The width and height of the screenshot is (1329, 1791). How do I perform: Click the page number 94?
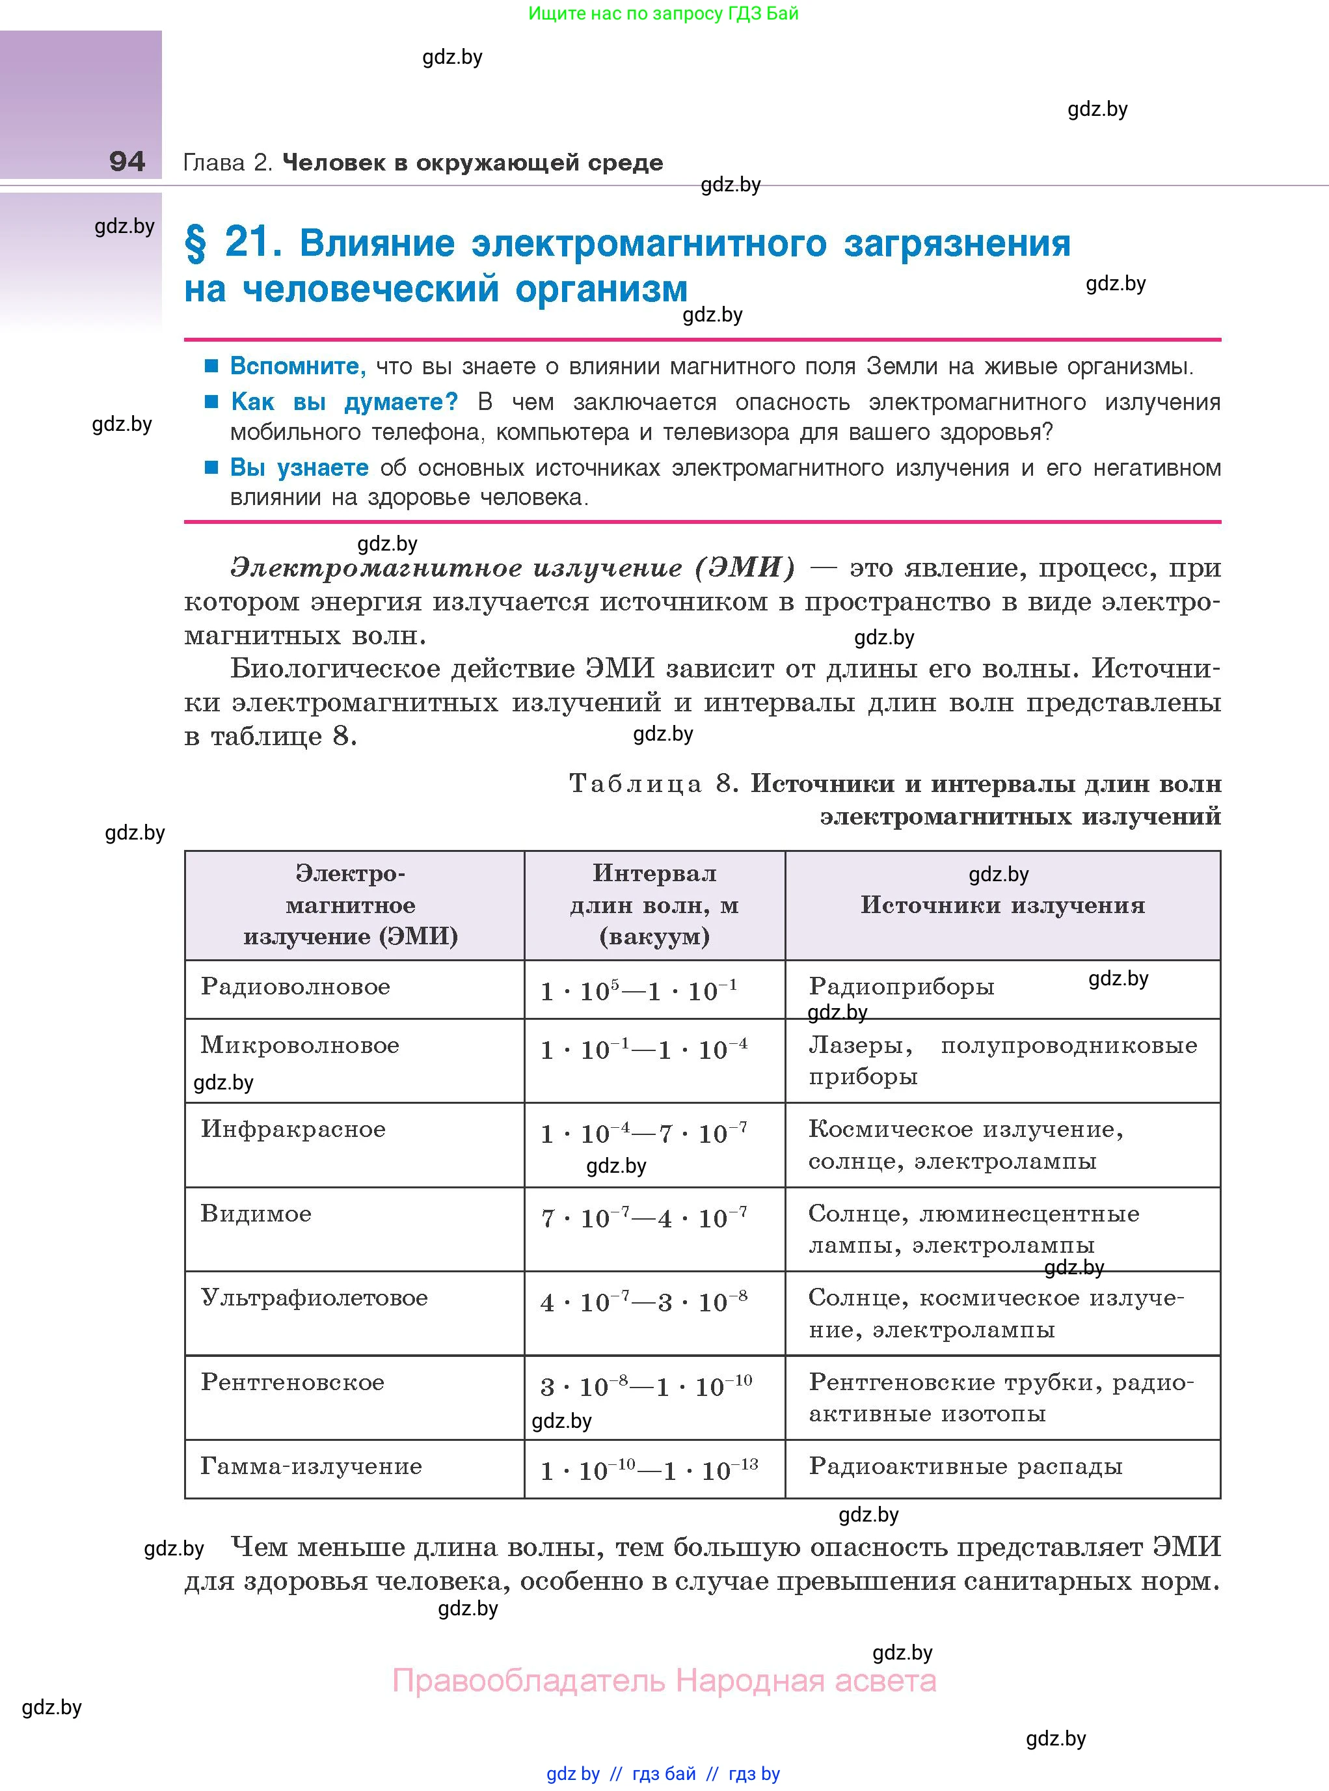click(x=127, y=162)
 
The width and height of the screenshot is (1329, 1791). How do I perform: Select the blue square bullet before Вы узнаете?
click(x=211, y=467)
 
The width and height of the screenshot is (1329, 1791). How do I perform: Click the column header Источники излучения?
click(x=1002, y=905)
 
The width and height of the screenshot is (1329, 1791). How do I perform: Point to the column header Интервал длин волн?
click(x=654, y=904)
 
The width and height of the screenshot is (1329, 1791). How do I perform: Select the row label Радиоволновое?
click(x=295, y=987)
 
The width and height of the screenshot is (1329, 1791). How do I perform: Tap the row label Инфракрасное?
click(x=293, y=1129)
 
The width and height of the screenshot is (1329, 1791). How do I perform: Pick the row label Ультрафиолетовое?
click(x=314, y=1298)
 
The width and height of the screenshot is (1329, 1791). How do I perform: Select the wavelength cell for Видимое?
click(x=643, y=1218)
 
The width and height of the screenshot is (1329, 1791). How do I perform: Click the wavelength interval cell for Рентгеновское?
click(x=646, y=1386)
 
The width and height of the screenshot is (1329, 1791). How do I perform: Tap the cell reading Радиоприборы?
click(x=902, y=987)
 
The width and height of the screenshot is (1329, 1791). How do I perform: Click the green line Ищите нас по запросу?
click(x=664, y=14)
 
